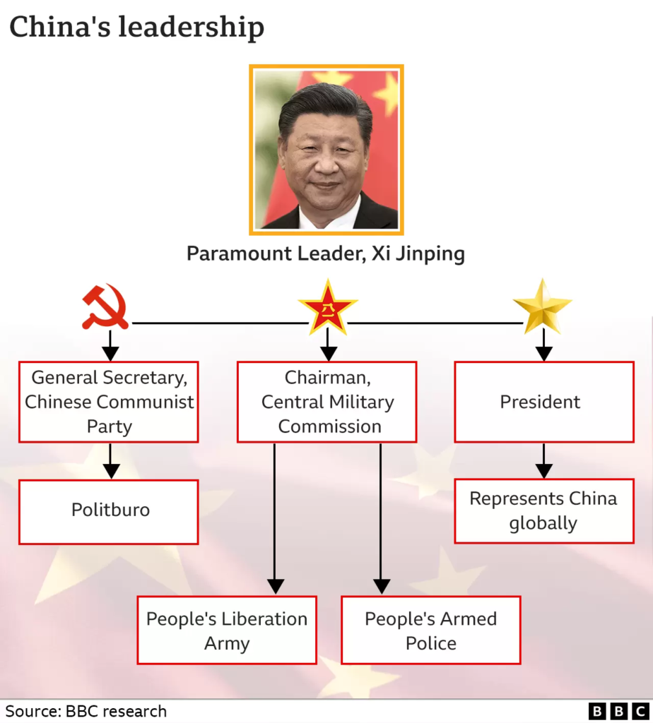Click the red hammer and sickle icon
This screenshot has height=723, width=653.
(105, 306)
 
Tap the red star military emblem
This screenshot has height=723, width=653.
(328, 306)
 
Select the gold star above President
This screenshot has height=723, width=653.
(543, 306)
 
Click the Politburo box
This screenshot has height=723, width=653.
(109, 512)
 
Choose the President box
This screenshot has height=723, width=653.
(544, 402)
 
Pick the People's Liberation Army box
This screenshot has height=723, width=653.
(227, 631)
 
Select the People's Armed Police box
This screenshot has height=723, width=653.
(431, 631)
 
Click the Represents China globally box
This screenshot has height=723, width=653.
(544, 511)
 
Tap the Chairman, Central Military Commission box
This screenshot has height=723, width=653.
(327, 402)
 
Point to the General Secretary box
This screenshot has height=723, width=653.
(109, 402)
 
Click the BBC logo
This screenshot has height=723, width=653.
(619, 711)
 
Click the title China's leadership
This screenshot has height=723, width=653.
(136, 27)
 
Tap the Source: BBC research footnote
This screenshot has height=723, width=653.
(86, 711)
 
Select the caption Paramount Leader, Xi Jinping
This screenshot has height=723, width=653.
(326, 253)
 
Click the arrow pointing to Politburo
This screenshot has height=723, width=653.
(111, 461)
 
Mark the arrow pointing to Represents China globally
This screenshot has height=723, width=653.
(544, 461)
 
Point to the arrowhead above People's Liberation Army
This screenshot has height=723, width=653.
(276, 587)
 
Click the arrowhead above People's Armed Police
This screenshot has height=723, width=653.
(381, 587)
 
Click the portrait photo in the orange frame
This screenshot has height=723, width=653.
(326, 150)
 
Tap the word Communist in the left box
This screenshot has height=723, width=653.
(145, 402)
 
